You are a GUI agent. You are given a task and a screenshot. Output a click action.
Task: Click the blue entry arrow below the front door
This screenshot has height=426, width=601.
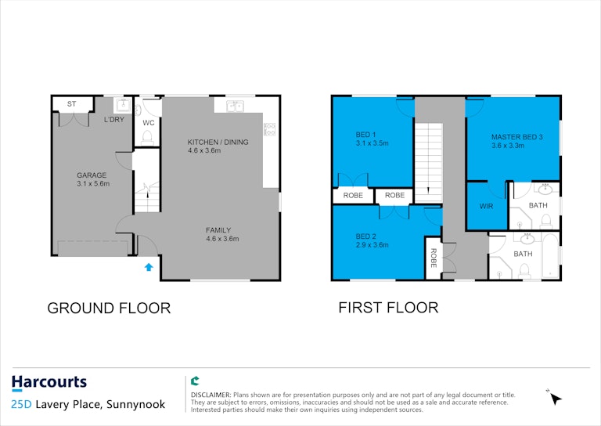(x=149, y=267)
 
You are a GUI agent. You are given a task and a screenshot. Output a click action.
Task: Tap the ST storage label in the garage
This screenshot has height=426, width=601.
(x=72, y=104)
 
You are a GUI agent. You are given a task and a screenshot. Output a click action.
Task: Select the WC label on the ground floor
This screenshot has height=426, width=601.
(x=149, y=123)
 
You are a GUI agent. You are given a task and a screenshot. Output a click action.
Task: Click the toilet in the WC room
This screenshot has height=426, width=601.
(x=147, y=138)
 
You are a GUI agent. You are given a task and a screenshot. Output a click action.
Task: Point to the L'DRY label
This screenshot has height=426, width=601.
(x=114, y=120)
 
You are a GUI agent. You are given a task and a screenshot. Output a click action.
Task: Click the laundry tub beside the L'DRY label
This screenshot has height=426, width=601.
(x=123, y=105)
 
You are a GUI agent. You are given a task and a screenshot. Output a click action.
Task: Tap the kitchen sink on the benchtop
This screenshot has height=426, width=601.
(x=235, y=106)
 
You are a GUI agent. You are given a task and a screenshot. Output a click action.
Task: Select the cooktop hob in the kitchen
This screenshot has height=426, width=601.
(x=269, y=129)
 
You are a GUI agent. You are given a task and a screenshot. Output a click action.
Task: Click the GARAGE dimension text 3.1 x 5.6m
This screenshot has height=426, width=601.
(x=93, y=184)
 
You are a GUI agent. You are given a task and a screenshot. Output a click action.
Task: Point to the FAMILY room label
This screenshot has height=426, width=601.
(x=218, y=230)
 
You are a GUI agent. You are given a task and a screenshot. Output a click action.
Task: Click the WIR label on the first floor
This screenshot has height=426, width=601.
(x=487, y=206)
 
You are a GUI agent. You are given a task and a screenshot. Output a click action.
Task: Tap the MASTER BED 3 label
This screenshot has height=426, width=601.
(x=517, y=137)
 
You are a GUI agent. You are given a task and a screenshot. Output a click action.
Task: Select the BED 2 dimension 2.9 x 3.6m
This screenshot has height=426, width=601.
(x=372, y=245)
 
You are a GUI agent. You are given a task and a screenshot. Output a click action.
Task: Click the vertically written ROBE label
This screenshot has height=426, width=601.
(x=434, y=258)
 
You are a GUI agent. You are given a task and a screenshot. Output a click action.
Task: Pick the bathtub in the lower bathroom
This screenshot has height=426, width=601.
(x=550, y=255)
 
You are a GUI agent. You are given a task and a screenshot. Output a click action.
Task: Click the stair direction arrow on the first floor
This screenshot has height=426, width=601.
(x=428, y=190)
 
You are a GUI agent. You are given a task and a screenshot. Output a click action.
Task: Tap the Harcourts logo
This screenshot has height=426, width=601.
(x=49, y=383)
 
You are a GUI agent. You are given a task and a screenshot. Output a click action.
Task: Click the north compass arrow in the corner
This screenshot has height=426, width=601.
(x=555, y=398)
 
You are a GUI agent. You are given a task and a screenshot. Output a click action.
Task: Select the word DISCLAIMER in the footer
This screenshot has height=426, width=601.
(x=211, y=395)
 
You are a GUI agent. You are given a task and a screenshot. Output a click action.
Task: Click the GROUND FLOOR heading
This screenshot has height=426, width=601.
(x=109, y=309)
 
